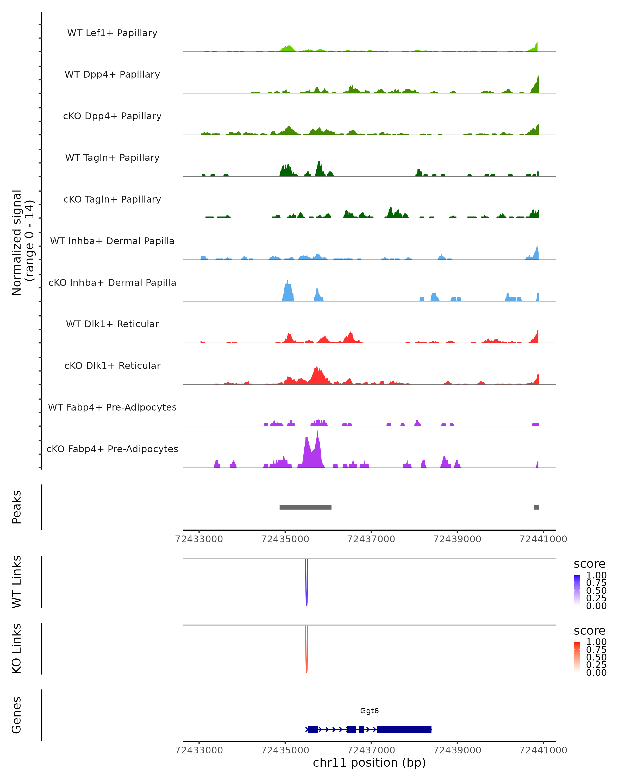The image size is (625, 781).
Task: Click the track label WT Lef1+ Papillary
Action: [x=112, y=33]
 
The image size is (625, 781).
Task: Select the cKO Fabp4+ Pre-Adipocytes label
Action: [x=112, y=449]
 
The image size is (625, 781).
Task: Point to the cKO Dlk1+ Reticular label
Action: [x=112, y=366]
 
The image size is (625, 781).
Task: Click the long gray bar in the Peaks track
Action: [x=305, y=507]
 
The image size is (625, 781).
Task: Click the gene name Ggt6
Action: [x=369, y=711]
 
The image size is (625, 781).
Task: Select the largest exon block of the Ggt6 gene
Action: [x=404, y=729]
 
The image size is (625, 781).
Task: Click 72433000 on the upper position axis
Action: [x=199, y=539]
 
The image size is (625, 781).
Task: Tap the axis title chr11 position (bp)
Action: [x=369, y=763]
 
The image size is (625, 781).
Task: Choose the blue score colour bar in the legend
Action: [x=577, y=590]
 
